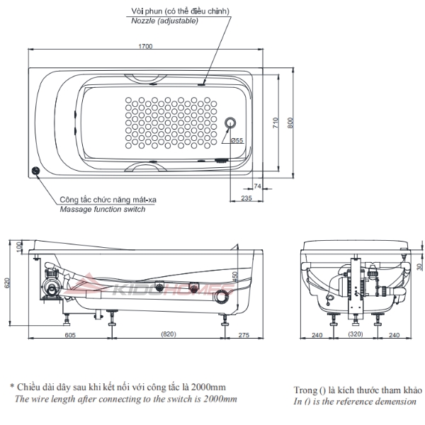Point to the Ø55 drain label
click(x=237, y=141)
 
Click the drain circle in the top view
click(x=229, y=123)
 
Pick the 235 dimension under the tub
click(x=246, y=198)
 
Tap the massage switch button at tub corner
click(x=36, y=171)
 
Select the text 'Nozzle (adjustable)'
click(x=165, y=21)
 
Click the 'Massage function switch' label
click(x=103, y=210)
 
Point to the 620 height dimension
click(x=8, y=283)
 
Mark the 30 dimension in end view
click(x=418, y=266)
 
